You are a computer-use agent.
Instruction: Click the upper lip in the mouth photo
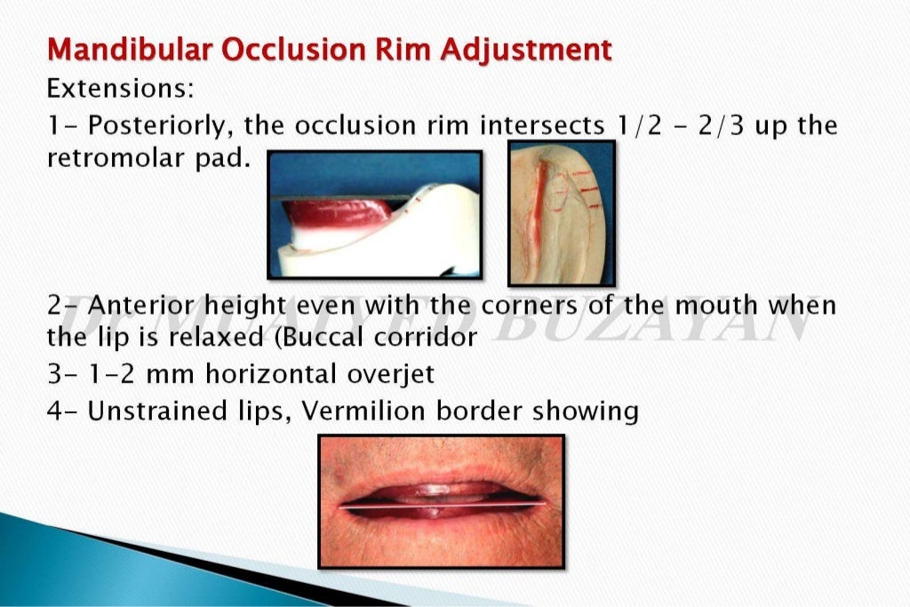[x=441, y=471]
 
